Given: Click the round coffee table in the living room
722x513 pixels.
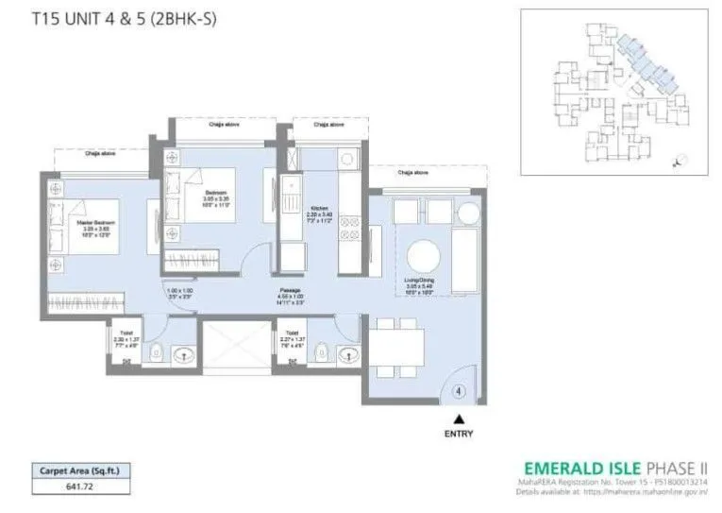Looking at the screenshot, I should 422,254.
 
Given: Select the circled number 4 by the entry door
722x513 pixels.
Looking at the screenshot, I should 460,389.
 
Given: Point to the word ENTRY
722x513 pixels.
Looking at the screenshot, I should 460,435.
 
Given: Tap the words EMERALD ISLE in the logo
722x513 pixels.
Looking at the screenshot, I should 581,467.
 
